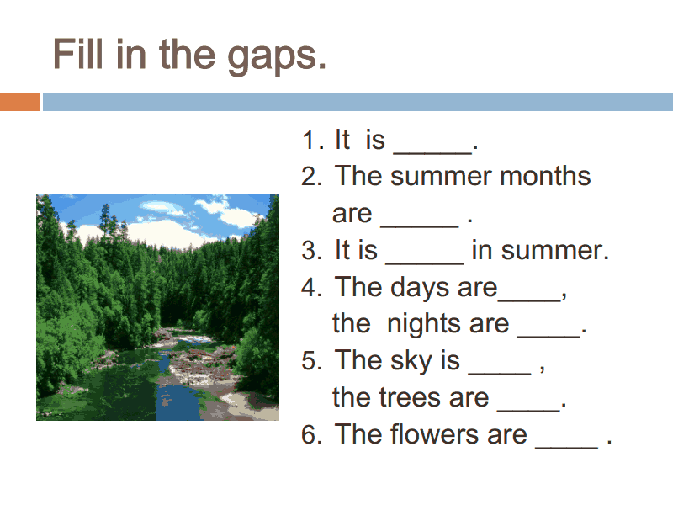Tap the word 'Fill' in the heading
pos(78,54)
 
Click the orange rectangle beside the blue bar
pos(19,102)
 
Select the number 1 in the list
pos(309,141)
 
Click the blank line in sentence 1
pos(432,152)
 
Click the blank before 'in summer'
pos(425,263)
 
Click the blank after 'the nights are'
pos(549,337)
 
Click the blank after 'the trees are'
pos(529,411)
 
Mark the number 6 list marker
pos(309,434)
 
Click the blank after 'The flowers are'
pos(566,448)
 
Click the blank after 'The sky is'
pos(500,374)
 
